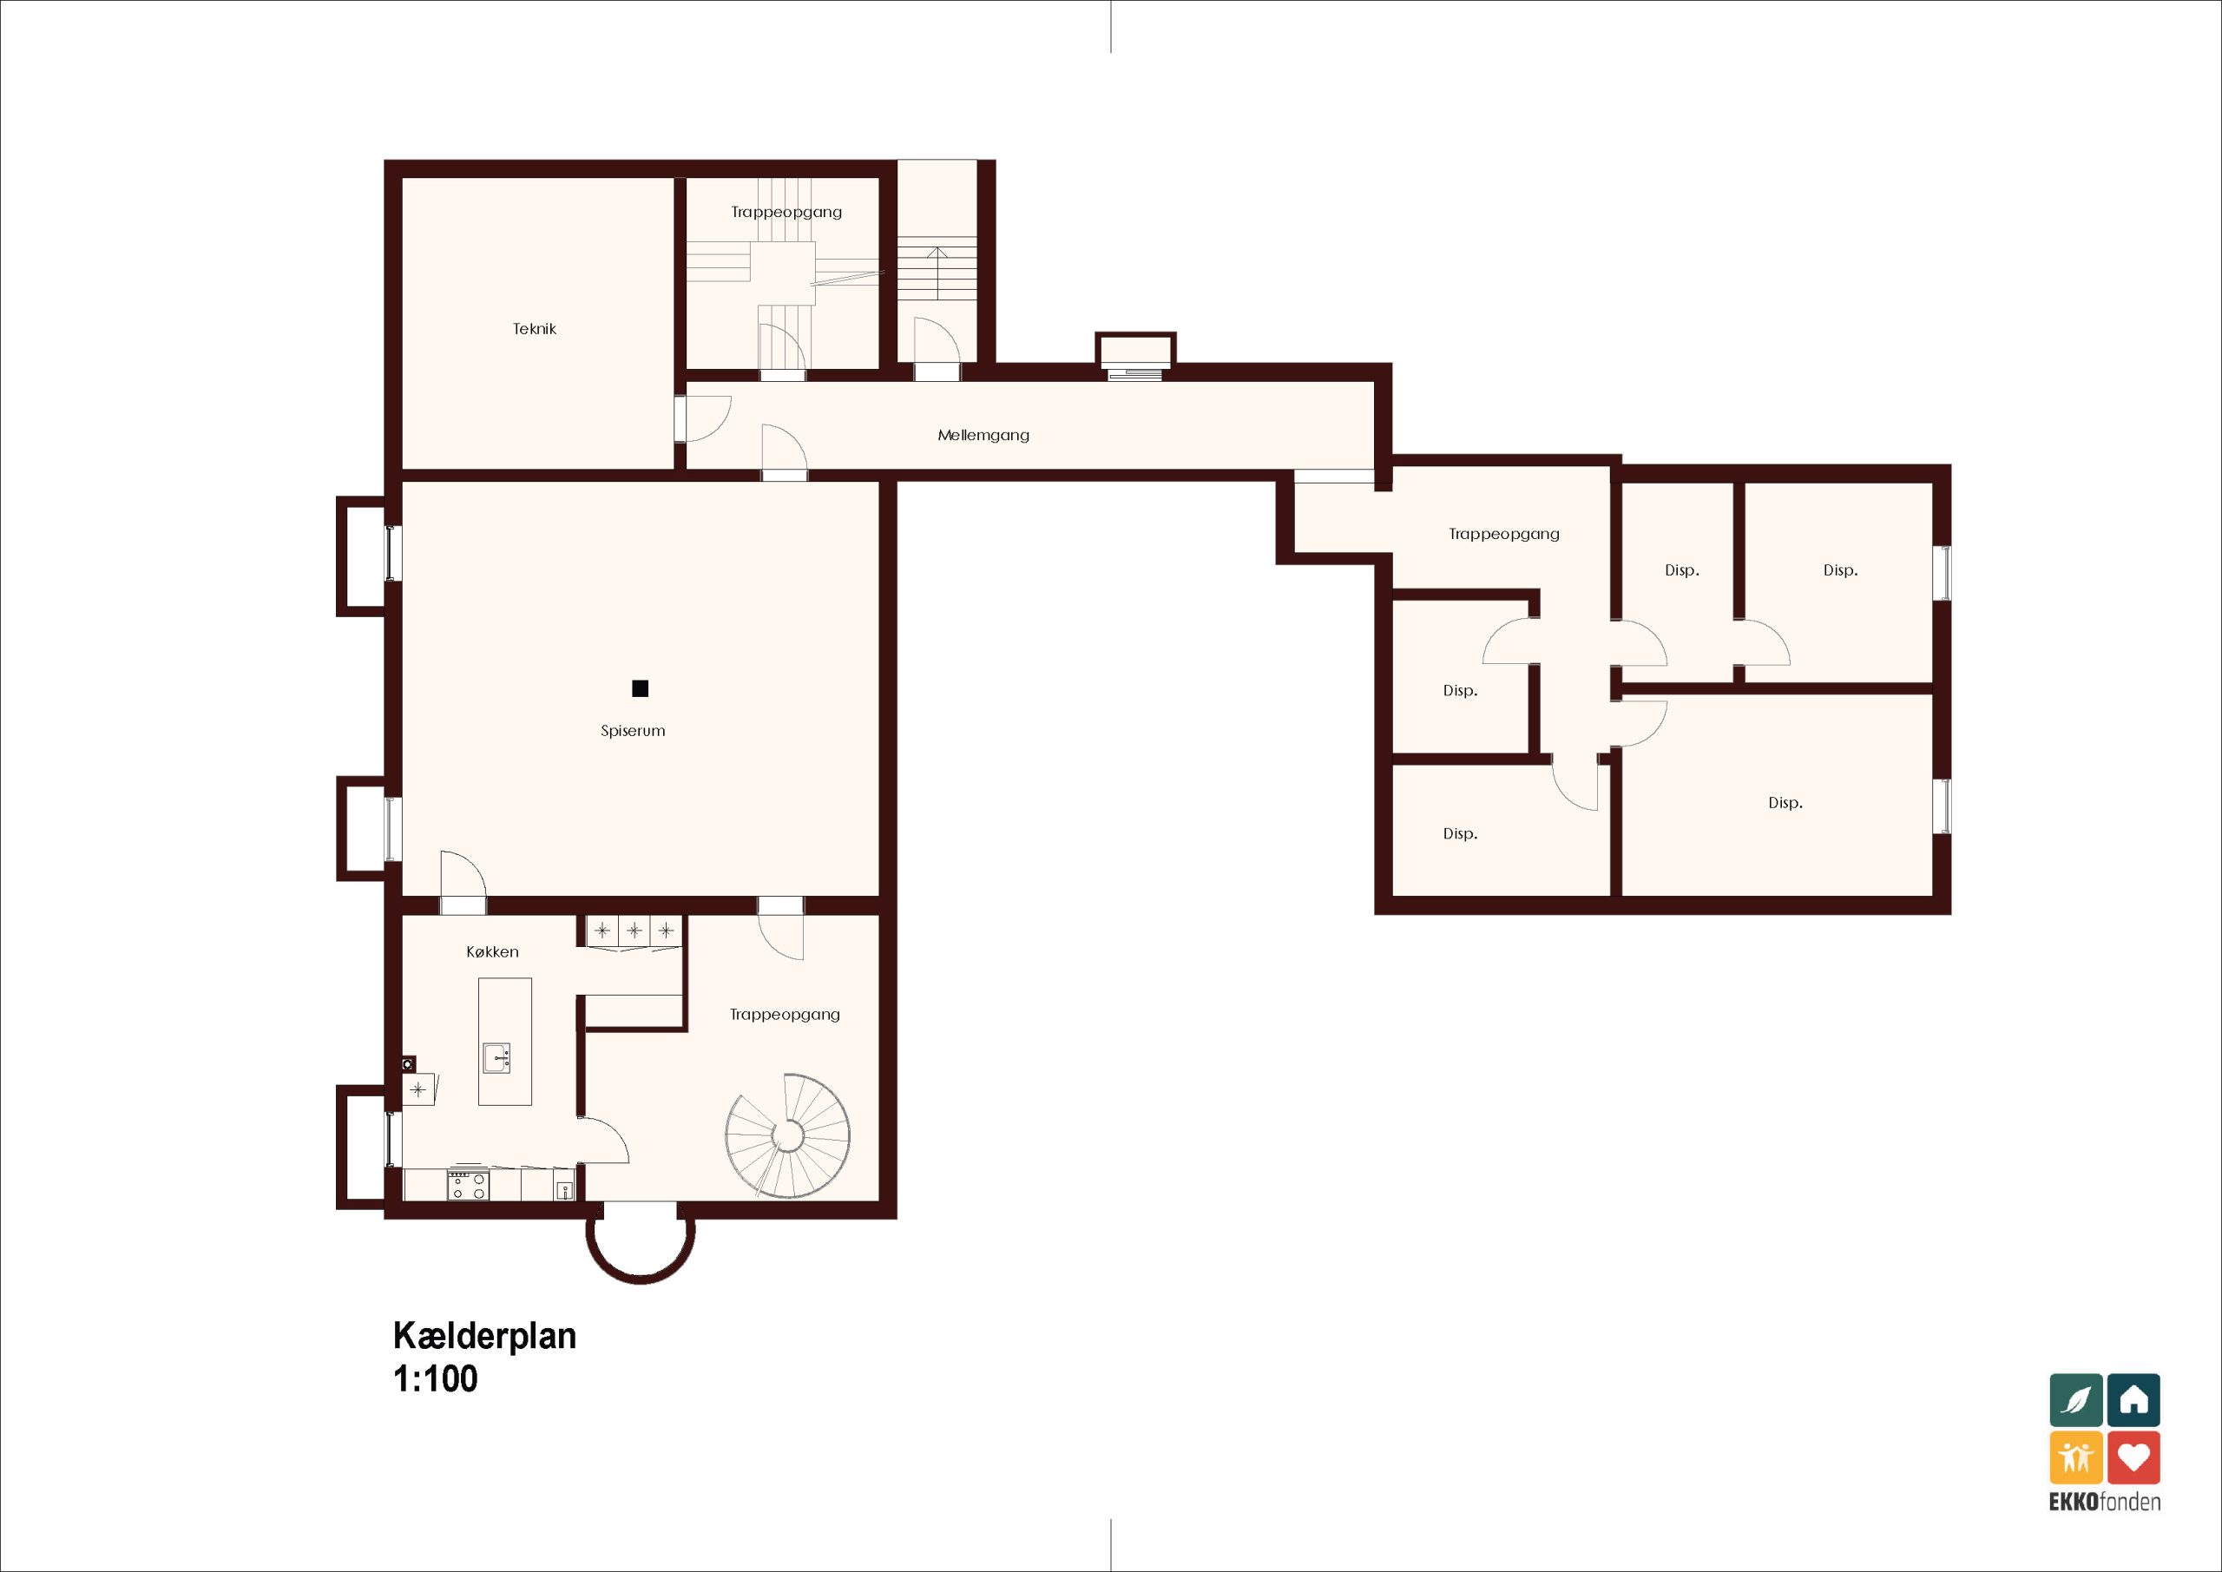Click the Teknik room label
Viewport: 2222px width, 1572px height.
[x=534, y=329]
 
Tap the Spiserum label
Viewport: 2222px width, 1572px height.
[x=633, y=731]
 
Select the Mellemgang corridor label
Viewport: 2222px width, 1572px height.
[x=983, y=436]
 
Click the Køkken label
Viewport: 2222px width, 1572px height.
[x=493, y=951]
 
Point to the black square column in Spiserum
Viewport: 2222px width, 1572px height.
[x=640, y=689]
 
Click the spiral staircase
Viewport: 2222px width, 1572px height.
[x=788, y=1135]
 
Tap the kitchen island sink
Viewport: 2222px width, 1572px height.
[x=497, y=1057]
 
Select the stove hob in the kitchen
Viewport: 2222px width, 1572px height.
[x=468, y=1186]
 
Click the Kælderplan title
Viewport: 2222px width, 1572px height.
[x=485, y=1336]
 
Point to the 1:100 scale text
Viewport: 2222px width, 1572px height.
[x=436, y=1378]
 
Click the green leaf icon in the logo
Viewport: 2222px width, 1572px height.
[x=2077, y=1400]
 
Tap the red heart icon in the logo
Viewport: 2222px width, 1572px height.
[x=2134, y=1457]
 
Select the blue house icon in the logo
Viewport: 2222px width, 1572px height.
[x=2134, y=1400]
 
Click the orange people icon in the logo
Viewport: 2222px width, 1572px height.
[x=2077, y=1457]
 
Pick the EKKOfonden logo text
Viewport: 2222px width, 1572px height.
[x=2105, y=1503]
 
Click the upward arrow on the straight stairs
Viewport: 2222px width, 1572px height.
[x=937, y=273]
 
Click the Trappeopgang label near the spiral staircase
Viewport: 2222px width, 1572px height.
[x=785, y=1015]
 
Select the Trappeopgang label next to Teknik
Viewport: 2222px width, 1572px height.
[x=786, y=212]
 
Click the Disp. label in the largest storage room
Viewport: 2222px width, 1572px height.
[x=1785, y=802]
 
